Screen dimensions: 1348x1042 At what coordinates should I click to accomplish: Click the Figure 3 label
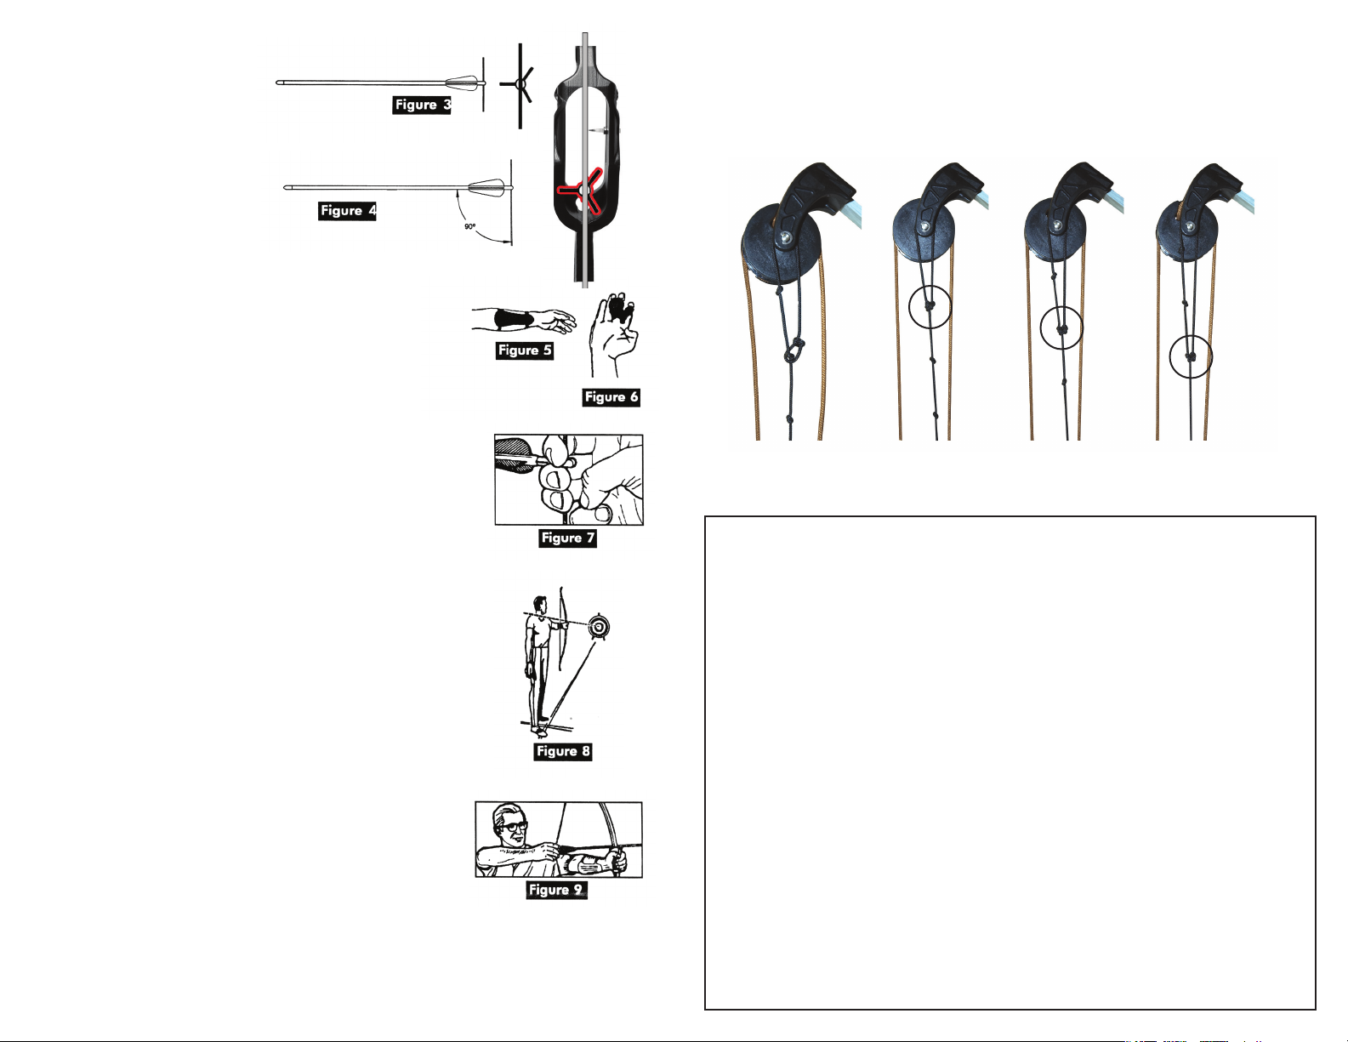(423, 105)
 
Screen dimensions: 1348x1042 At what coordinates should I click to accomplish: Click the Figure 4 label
(347, 211)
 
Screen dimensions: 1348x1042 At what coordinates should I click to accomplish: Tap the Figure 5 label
(525, 350)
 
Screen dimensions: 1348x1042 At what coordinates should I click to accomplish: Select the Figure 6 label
(611, 397)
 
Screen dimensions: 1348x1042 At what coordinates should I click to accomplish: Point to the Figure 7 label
(567, 538)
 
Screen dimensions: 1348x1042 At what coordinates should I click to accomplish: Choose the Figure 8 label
(563, 751)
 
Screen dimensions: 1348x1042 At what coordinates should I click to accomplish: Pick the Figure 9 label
(556, 890)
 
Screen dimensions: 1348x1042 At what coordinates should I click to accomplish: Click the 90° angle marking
(469, 227)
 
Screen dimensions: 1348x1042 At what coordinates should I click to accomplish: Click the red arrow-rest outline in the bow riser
(580, 190)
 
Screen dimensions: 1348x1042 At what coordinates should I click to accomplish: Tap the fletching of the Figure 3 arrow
(464, 82)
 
